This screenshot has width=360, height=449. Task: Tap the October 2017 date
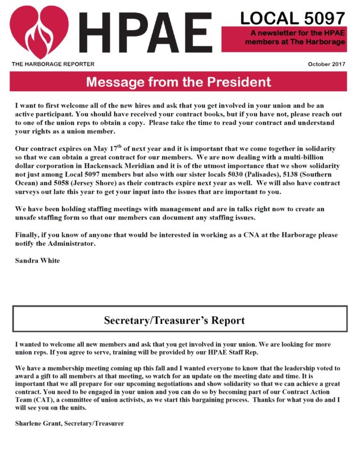(x=327, y=64)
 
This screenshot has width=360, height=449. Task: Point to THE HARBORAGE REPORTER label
(x=53, y=64)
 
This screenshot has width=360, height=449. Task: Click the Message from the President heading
(x=178, y=83)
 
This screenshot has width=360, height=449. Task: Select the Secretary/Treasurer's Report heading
(x=174, y=321)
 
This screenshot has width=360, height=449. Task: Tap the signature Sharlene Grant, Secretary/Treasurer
(x=69, y=423)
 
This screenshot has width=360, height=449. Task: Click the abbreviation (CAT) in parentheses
(x=41, y=396)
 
